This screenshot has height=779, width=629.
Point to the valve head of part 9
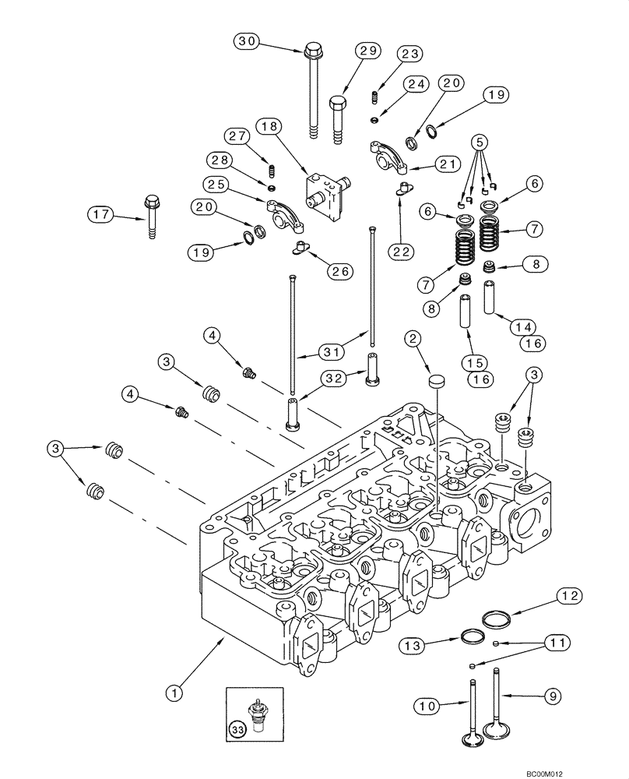(x=496, y=731)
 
